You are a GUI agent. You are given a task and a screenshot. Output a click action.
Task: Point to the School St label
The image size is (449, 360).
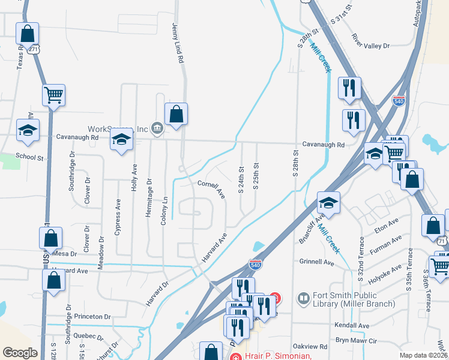(x=30, y=156)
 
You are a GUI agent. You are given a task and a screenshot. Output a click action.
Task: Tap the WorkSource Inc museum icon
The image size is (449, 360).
(x=157, y=127)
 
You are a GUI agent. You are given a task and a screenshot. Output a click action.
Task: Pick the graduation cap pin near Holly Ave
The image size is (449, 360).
(x=121, y=140)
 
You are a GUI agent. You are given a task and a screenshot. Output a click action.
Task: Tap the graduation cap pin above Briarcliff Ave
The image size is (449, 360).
(x=328, y=202)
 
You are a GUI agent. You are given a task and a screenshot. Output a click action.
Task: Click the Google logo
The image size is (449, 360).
(x=20, y=353)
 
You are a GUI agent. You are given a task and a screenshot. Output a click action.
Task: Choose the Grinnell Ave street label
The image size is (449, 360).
(x=316, y=262)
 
